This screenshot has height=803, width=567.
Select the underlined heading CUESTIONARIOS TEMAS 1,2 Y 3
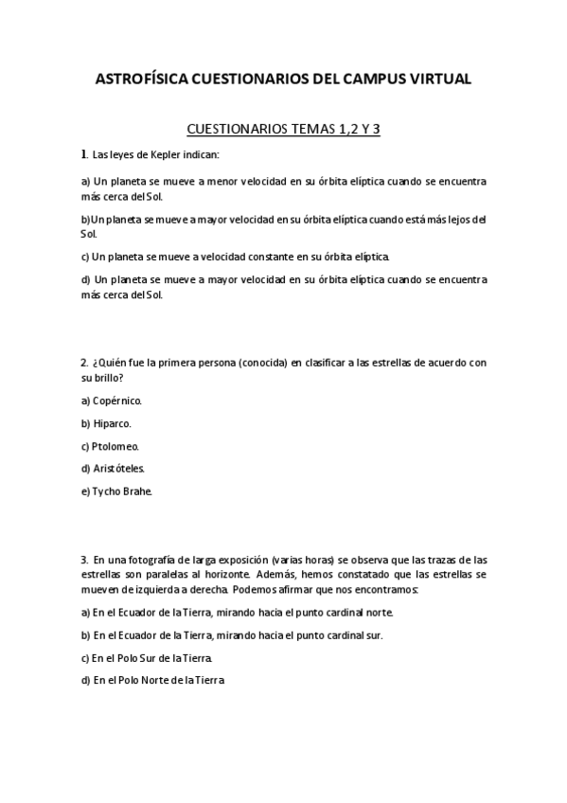point(283,129)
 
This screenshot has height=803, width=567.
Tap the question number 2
point(83,363)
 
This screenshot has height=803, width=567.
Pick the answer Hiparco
point(112,423)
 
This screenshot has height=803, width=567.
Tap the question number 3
point(83,561)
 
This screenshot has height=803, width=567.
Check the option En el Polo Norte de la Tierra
point(158,680)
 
